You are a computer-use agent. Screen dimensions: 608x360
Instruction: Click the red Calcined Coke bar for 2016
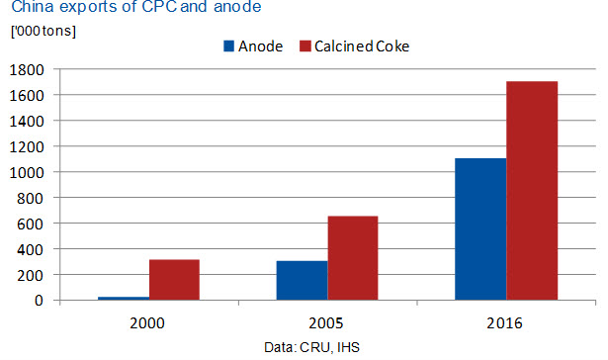[532, 191]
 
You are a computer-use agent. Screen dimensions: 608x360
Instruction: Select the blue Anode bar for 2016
[480, 228]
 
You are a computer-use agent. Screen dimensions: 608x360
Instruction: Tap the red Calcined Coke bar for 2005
[353, 258]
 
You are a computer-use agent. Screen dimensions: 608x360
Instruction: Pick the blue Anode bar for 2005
[303, 281]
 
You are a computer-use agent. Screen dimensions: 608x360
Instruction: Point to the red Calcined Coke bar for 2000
[174, 280]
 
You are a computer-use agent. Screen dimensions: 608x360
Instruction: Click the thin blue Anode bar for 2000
[124, 299]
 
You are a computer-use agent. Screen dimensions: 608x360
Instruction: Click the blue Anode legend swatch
[228, 46]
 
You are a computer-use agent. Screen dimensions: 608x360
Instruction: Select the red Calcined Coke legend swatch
[305, 46]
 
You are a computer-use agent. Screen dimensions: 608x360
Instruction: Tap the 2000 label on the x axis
[147, 323]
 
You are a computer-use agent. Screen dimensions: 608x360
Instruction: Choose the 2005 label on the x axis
[326, 323]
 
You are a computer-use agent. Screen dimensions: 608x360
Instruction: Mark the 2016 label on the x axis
[504, 323]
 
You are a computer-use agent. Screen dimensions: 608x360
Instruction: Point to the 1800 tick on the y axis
[27, 70]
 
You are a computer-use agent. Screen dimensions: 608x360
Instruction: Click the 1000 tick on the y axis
[27, 173]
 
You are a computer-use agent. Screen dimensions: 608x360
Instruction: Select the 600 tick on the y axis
[31, 224]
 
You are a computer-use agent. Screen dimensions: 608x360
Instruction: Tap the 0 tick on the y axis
[39, 301]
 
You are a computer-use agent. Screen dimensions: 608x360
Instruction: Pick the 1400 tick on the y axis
[27, 122]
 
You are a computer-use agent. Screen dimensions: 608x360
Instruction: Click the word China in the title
[33, 7]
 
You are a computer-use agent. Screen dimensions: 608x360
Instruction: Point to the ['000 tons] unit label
[43, 31]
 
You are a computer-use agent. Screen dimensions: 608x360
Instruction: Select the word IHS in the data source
[349, 347]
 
